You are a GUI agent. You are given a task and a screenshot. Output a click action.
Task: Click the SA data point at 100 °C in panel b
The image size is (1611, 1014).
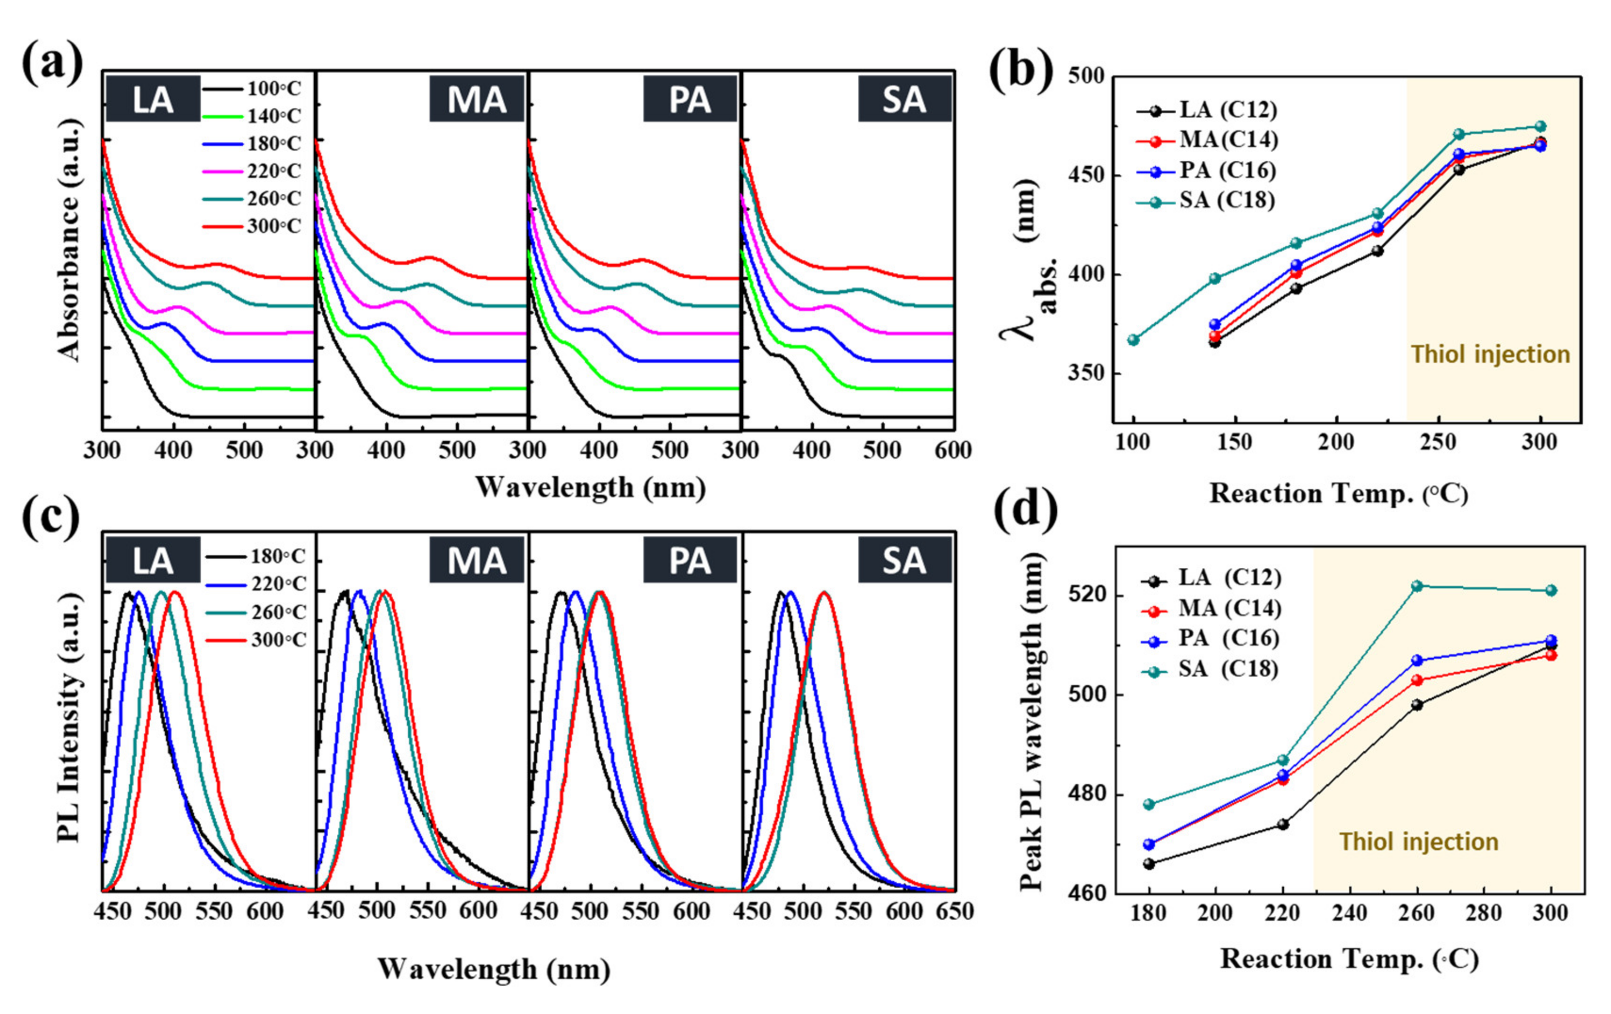click(x=1133, y=340)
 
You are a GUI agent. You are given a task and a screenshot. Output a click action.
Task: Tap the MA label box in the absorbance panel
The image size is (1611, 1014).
click(x=476, y=99)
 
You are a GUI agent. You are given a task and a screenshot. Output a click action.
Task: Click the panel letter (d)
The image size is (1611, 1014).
click(x=1025, y=512)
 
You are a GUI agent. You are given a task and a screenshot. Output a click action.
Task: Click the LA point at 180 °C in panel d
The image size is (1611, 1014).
click(x=1149, y=863)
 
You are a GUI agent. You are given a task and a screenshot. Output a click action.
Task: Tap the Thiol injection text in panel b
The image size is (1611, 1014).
click(x=1490, y=354)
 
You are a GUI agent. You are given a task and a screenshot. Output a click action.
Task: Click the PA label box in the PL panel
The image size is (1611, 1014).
click(x=690, y=561)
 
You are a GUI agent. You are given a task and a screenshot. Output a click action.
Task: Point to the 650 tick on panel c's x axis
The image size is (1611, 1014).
click(x=954, y=912)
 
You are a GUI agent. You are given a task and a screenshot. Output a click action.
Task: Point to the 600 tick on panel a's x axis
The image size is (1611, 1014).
click(x=952, y=450)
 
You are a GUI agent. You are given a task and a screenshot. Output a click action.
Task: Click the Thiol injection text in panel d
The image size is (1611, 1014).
click(x=1418, y=842)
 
